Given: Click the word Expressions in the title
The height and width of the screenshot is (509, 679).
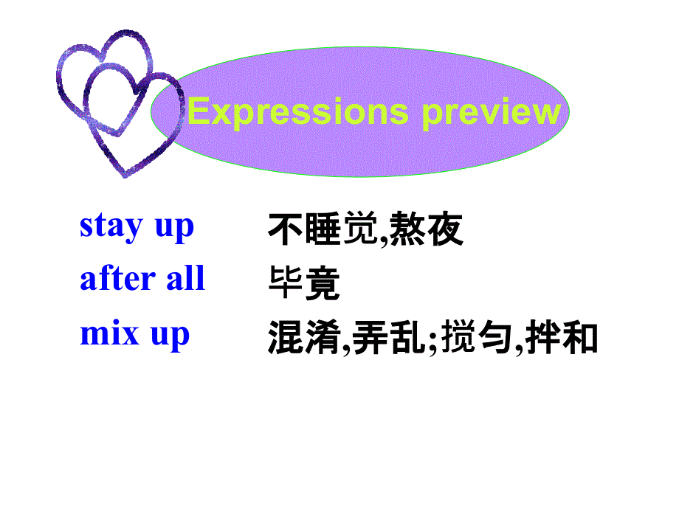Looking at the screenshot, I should point(297,112).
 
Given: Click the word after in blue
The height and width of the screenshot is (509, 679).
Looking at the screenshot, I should point(112,279).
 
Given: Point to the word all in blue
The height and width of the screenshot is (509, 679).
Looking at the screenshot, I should point(186,279).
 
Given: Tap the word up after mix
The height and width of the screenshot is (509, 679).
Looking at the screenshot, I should point(170,335).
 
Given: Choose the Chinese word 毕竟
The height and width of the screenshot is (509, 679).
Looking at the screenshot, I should point(304,283).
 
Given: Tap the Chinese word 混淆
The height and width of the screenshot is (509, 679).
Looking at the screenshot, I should point(304,338).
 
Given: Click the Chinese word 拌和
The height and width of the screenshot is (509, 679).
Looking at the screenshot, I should point(561,338).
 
